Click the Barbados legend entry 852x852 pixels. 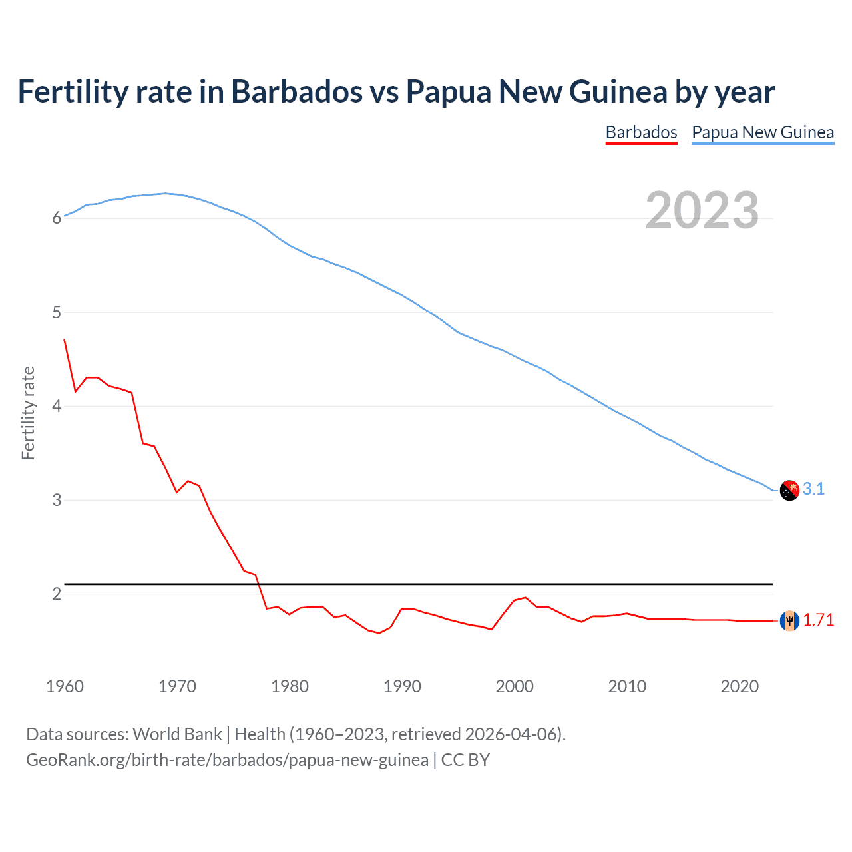(641, 132)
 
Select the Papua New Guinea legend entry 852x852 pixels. (763, 132)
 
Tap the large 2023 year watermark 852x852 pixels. (702, 210)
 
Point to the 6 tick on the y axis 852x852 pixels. (57, 218)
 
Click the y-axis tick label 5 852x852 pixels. (57, 312)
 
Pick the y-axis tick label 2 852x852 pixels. (57, 594)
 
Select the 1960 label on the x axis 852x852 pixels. (65, 686)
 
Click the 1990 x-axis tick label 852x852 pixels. (402, 686)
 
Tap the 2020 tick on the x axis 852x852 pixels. (740, 686)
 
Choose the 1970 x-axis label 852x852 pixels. (177, 686)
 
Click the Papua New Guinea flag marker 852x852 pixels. (789, 490)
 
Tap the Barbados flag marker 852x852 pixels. (789, 620)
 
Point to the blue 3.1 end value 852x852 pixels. (813, 489)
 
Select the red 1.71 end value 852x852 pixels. (818, 620)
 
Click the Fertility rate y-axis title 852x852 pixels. (28, 413)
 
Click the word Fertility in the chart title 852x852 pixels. (73, 92)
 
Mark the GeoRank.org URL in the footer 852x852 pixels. (227, 760)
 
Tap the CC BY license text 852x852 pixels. (465, 760)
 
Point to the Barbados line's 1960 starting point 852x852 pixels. (65, 339)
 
